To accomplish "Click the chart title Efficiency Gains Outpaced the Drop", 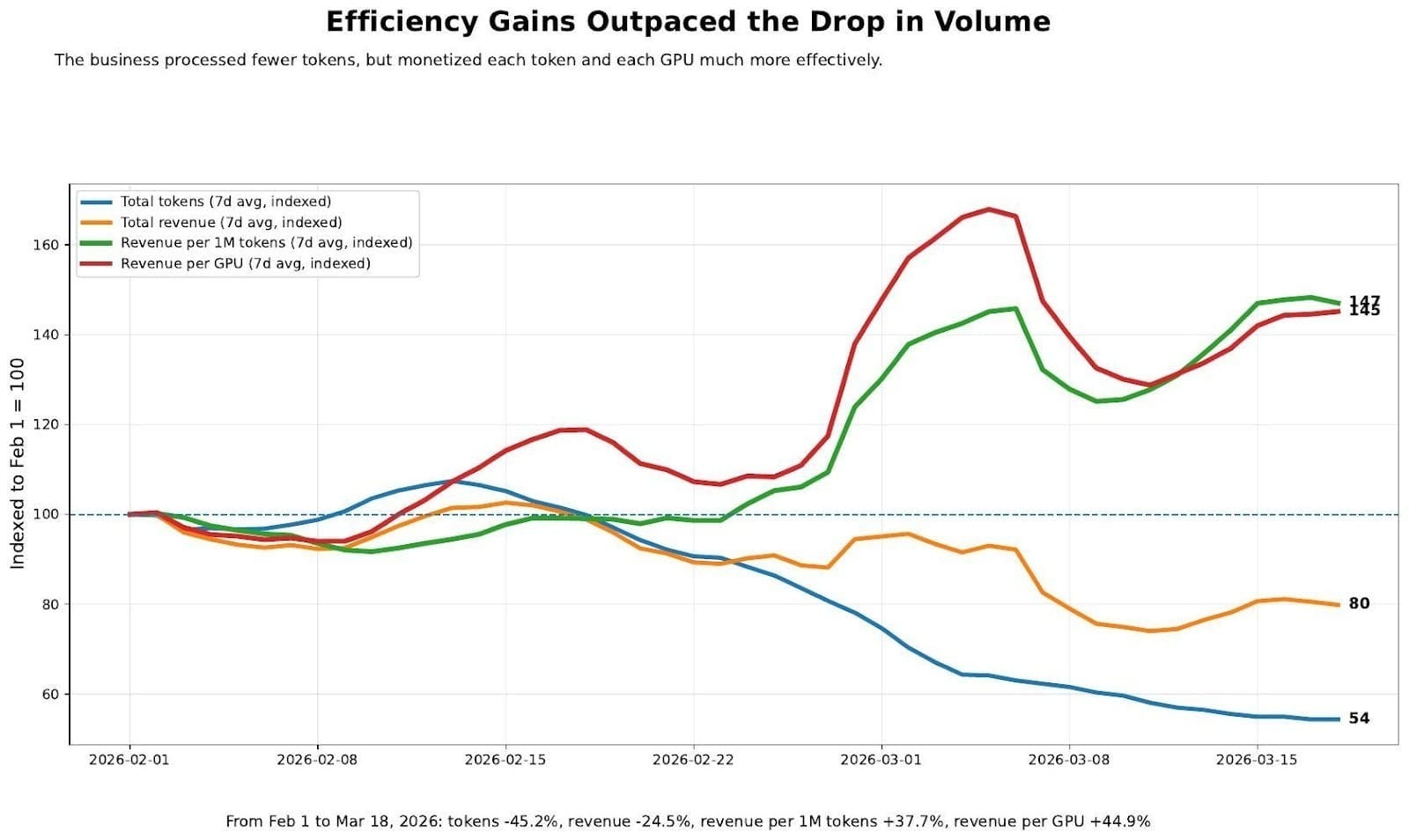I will [x=688, y=22].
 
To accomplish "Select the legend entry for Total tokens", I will [x=225, y=202].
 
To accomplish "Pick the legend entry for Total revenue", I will [x=231, y=223].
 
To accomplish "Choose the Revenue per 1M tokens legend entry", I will [x=266, y=243].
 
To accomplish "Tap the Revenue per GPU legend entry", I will [x=245, y=263].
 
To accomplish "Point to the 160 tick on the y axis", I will [x=46, y=245].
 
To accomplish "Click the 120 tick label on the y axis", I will [x=46, y=424].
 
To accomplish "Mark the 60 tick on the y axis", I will [x=49, y=694].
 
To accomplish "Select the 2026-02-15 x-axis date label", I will [x=505, y=760].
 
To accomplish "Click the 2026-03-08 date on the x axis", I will [x=1068, y=760].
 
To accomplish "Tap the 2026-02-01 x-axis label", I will [x=129, y=760].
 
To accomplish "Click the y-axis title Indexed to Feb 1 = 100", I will [x=18, y=462].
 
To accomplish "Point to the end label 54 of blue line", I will [x=1359, y=718].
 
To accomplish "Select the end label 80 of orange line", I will [x=1359, y=604].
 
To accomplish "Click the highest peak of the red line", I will [x=989, y=210].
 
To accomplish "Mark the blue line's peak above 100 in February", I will [x=452, y=482].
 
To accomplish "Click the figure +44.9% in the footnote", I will [x=1119, y=822].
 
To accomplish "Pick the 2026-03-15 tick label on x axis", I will [x=1256, y=760].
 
